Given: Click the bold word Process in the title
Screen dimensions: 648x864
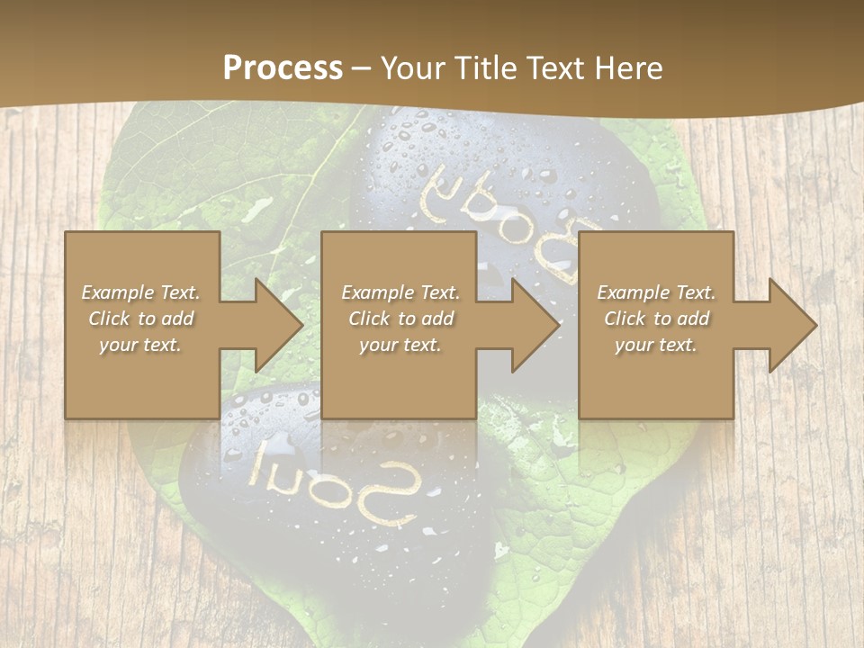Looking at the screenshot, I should (x=283, y=68).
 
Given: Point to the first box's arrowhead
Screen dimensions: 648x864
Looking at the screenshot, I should (x=274, y=325).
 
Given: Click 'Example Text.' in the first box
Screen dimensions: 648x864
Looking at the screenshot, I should (x=141, y=292).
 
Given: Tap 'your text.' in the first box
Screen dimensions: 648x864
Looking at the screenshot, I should (x=141, y=345).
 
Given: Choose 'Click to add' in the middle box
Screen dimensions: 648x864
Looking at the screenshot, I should (x=400, y=319).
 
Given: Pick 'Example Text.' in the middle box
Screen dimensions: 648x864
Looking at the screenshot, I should (x=400, y=292).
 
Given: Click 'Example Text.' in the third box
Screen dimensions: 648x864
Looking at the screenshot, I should (x=656, y=292).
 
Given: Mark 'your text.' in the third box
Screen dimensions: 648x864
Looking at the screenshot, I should (x=656, y=345).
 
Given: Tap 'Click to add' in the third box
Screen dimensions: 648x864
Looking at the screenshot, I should (x=656, y=319).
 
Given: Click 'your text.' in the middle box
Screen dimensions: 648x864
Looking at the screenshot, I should (x=400, y=345).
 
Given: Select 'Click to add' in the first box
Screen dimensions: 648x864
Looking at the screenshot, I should (x=141, y=319).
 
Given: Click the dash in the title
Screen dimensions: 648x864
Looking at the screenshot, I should (x=361, y=68).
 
